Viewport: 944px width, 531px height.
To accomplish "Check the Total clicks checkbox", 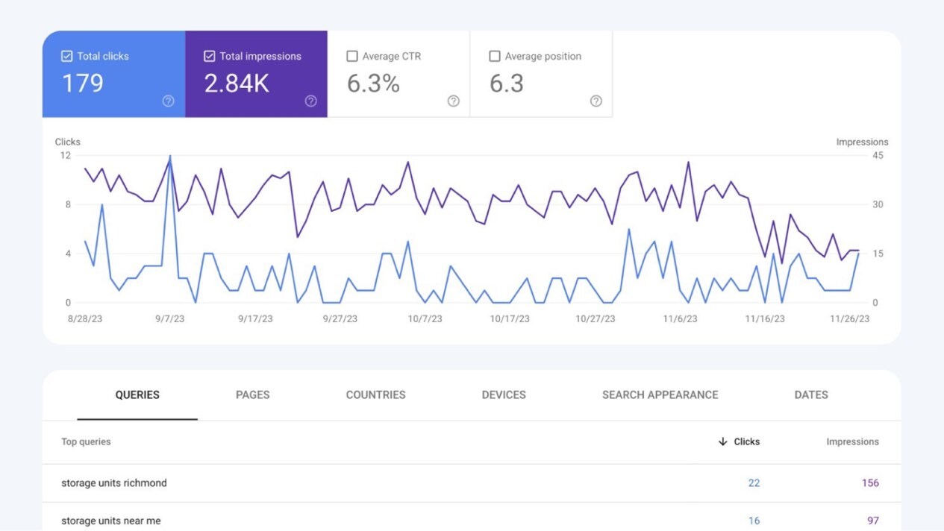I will coord(67,56).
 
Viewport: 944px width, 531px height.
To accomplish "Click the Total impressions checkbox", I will coord(210,56).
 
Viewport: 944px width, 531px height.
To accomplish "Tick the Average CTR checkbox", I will coord(352,56).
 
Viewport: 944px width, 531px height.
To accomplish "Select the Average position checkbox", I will coord(494,56).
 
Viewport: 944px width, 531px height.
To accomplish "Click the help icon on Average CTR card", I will coord(453,101).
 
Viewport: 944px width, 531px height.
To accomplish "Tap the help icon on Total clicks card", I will coord(168,101).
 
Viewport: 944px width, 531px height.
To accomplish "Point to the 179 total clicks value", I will coord(82,84).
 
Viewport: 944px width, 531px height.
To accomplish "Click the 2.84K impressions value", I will coord(237,84).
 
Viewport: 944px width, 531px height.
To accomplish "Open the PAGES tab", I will coord(252,395).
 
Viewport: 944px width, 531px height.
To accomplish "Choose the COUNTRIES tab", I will coord(375,395).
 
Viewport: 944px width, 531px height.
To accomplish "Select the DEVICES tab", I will coord(504,395).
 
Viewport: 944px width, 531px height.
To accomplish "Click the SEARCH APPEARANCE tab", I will coord(660,395).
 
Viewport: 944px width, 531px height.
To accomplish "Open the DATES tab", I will coord(811,395).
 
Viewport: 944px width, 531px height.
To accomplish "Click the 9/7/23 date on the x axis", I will coord(170,318).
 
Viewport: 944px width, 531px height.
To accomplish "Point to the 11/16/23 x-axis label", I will coord(765,318).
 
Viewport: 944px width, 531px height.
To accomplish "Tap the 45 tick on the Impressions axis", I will coord(878,155).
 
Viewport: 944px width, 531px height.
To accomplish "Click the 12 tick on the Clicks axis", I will coord(66,155).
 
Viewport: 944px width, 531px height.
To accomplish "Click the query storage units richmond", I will coord(114,483).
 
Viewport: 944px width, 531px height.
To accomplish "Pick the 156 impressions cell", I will coord(870,483).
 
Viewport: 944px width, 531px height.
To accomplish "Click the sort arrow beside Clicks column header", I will coord(722,442).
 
